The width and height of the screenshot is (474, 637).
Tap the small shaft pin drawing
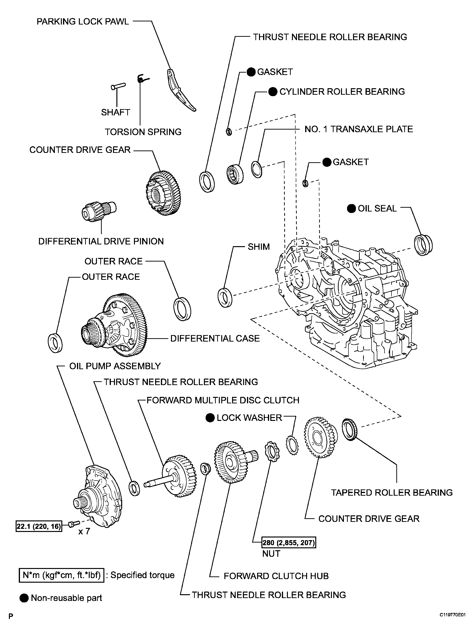pos(118,86)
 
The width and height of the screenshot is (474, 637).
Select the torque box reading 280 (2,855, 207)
pos(289,543)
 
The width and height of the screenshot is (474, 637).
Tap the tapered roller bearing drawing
pos(350,429)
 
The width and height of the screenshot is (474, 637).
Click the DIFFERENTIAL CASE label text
pos(215,338)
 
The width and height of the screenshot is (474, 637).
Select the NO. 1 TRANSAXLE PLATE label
pos(358,129)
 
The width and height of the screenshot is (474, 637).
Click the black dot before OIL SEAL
pos(352,208)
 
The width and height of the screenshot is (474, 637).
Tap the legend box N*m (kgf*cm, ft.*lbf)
pos(61,575)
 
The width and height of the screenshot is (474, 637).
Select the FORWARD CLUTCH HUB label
pos(276,576)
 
